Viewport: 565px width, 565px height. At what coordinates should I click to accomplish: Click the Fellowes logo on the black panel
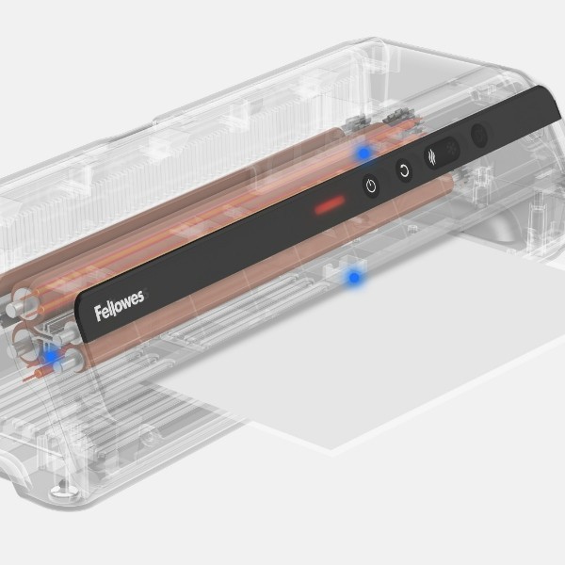click(120, 306)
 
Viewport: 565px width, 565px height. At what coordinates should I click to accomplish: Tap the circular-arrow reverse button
click(405, 170)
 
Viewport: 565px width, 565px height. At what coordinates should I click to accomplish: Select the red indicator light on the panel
click(330, 204)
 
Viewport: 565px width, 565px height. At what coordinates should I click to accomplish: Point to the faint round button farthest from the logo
click(479, 136)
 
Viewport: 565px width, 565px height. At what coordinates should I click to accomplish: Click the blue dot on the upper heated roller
click(364, 153)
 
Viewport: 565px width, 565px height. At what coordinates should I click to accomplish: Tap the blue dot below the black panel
click(354, 278)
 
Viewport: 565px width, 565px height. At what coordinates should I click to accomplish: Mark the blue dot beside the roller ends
click(51, 356)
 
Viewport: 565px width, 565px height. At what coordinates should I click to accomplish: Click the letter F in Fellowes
click(99, 314)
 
